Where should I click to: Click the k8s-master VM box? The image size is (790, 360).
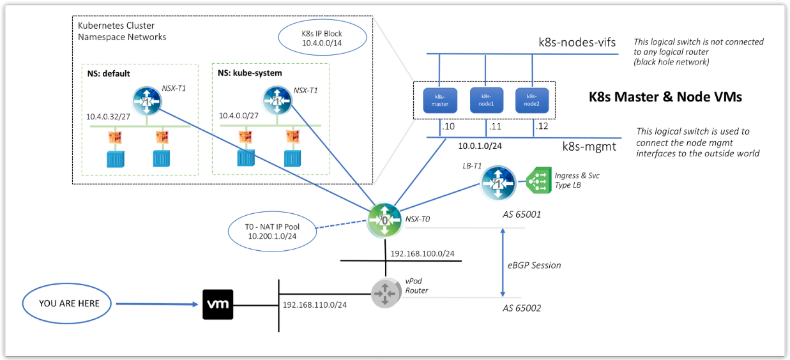[440, 100]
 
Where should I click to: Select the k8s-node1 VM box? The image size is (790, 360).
[486, 100]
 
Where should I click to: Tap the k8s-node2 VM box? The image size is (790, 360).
[532, 100]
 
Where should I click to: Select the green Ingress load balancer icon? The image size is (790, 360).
[539, 181]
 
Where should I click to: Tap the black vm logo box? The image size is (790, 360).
[218, 304]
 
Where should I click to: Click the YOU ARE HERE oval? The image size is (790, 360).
[69, 303]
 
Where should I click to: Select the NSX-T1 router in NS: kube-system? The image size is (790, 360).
[277, 102]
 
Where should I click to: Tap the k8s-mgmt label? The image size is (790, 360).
[589, 146]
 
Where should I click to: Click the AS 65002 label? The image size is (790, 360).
[522, 308]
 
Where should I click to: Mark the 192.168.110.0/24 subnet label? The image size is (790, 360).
[315, 305]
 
